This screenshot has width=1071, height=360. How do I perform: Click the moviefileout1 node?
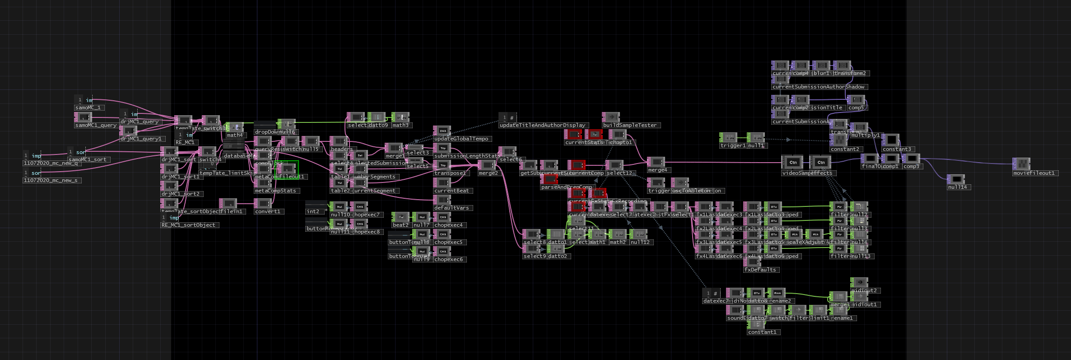1021,164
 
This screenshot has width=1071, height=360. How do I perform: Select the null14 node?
956,179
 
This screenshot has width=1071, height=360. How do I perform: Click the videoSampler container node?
793,163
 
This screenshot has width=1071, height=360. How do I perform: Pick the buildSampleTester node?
610,118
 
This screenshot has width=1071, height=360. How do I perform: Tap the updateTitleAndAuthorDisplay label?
542,125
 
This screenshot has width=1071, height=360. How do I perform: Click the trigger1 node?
728,138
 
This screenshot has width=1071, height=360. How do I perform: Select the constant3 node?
890,141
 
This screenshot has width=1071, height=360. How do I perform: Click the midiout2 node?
859,283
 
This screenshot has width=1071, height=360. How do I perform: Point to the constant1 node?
756,324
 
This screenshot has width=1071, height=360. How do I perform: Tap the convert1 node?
263,204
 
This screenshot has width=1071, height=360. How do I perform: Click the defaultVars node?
442,200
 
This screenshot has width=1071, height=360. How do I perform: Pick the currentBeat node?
442,183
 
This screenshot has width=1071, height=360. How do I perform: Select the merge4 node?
656,162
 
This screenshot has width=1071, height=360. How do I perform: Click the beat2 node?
400,217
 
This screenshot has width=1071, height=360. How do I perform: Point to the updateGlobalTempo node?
442,131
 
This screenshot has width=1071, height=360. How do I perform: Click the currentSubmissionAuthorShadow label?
818,87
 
